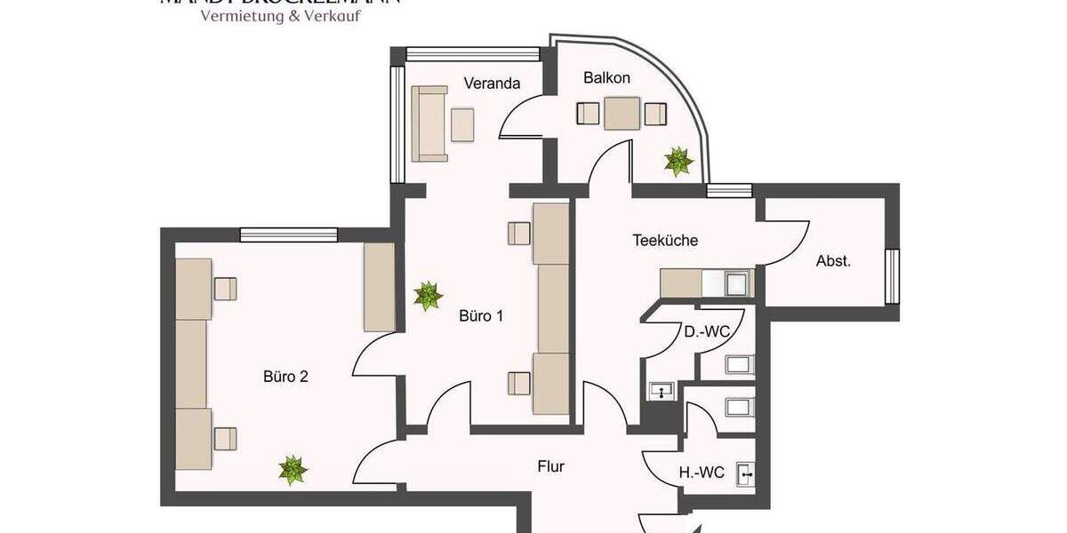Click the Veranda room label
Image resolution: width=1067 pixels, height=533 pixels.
[492, 84]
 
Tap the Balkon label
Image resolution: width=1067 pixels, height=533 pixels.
[606, 78]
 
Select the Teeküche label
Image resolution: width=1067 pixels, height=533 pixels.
[665, 240]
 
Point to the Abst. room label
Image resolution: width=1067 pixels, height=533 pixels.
[833, 261]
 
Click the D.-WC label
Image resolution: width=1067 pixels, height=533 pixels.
[707, 332]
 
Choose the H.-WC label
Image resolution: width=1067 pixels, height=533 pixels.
[702, 473]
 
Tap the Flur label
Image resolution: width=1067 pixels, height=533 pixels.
[551, 465]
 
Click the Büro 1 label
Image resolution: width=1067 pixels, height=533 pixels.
[481, 315]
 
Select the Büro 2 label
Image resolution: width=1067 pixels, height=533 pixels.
[285, 376]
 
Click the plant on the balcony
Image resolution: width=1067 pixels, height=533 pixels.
[678, 161]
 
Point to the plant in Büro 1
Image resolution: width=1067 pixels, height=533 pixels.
[428, 296]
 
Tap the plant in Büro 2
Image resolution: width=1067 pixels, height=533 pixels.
[291, 469]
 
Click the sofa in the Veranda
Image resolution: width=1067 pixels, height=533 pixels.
[429, 123]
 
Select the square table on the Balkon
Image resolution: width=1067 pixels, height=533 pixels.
[622, 114]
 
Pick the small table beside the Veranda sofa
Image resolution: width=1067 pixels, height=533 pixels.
[462, 124]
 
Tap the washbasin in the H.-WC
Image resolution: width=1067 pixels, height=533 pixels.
[746, 475]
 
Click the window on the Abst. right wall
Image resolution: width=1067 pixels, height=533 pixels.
[891, 276]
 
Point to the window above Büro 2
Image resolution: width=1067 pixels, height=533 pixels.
[289, 235]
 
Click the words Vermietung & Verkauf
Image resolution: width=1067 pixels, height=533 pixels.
[280, 16]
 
